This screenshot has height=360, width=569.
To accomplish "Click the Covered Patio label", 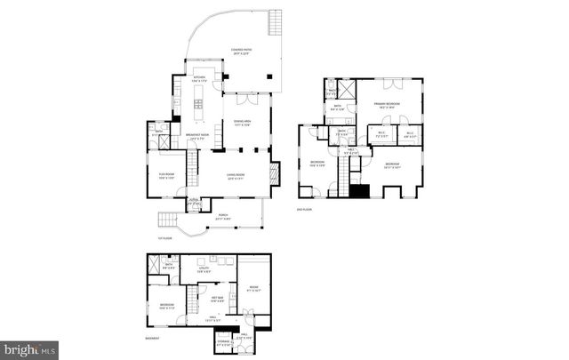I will point(238,52).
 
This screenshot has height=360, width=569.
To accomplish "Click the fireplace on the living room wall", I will point(276,172).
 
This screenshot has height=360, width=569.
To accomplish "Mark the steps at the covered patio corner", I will point(274,22).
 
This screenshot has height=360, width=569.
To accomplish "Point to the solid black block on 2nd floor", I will point(358,189).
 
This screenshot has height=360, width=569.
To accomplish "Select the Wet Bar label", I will point(217,299).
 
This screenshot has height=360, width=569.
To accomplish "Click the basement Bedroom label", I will point(167,307).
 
